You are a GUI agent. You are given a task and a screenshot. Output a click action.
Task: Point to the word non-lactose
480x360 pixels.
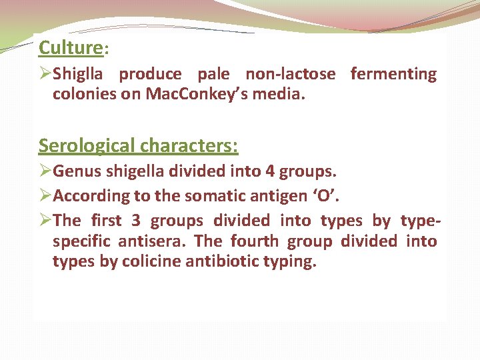click(x=291, y=74)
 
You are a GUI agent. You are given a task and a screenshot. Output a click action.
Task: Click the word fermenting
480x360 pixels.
click(x=393, y=74)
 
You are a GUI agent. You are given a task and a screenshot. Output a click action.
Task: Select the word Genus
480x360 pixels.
click(x=75, y=172)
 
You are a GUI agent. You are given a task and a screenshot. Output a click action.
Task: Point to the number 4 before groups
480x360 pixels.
click(x=270, y=172)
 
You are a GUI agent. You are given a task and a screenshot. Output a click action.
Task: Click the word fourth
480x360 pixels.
click(x=253, y=241)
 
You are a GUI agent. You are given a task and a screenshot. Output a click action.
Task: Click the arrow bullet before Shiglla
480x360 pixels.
click(x=45, y=74)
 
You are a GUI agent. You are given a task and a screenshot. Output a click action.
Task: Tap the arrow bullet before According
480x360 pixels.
click(x=45, y=196)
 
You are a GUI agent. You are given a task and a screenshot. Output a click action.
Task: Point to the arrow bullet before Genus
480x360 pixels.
click(x=45, y=172)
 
